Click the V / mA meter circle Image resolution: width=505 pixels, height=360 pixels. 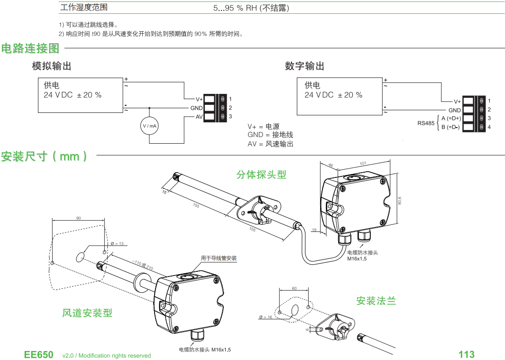pos(150,126)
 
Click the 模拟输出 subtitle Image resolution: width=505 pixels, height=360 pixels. pos(52,66)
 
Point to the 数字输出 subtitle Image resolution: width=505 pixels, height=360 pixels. pos(304,66)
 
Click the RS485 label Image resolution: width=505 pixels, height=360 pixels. pos(426,123)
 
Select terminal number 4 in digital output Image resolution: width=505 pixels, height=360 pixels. pos(489,127)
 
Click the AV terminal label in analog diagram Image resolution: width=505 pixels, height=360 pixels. pos(199,117)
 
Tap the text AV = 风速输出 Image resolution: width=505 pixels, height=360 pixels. pos(270,144)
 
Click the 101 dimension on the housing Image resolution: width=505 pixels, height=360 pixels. pos(363,164)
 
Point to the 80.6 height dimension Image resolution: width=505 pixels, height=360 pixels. pos(399,201)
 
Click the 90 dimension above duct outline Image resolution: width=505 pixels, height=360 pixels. pos(78,218)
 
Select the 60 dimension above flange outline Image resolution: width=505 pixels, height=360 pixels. pos(294,288)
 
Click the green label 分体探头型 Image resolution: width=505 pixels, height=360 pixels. pos(261,175)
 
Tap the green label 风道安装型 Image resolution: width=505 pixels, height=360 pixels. pos(87,313)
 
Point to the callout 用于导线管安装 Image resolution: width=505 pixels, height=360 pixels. pos(219,258)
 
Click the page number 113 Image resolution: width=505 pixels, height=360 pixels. pos(466,354)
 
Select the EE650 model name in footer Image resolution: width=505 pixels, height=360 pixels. pos(39,355)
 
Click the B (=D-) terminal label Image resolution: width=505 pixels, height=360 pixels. pos(450,127)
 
